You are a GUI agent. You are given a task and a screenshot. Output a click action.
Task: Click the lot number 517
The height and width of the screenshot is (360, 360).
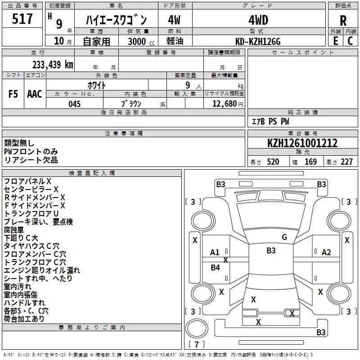pyautogui.click(x=23, y=19)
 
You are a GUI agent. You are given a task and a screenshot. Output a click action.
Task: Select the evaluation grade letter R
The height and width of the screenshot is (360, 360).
pyautogui.click(x=343, y=21)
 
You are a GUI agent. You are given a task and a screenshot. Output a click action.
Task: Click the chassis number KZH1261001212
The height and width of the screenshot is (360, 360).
pyautogui.click(x=302, y=143)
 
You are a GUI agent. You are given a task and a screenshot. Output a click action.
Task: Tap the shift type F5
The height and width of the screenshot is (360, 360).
pyautogui.click(x=13, y=94)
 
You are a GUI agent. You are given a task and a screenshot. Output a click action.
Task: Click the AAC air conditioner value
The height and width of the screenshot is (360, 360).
pyautogui.click(x=34, y=94)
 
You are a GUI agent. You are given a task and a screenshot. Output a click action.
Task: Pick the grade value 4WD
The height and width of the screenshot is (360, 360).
pyautogui.click(x=258, y=20)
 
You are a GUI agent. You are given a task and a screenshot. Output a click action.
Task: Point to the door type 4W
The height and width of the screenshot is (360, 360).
pyautogui.click(x=174, y=20)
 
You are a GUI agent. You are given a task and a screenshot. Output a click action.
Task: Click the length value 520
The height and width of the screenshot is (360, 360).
pyautogui.click(x=272, y=162)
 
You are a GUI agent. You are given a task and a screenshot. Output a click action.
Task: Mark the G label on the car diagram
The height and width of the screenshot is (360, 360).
pyautogui.click(x=284, y=237)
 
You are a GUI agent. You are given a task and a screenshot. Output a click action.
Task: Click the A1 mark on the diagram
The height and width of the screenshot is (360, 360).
pyautogui.click(x=215, y=252)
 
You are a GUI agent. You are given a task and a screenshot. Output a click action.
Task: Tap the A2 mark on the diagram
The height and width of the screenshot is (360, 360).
pyautogui.click(x=326, y=252)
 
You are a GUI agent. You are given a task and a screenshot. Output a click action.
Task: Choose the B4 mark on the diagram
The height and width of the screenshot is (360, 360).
pyautogui.click(x=216, y=268)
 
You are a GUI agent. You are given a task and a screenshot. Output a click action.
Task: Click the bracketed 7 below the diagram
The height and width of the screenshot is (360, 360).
pyautogui.click(x=197, y=344)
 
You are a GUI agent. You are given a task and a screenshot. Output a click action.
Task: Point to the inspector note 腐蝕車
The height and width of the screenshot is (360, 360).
pyautogui.click(x=17, y=229)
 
